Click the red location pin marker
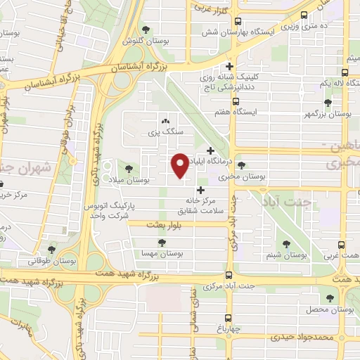tap(180, 165)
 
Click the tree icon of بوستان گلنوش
tap(145, 30)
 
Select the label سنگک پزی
tap(163, 132)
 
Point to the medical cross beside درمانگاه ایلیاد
tap(210, 150)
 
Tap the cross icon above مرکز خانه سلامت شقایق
tap(201, 190)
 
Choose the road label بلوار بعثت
tap(163, 225)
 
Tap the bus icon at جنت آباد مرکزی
tap(229, 276)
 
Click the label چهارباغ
tap(229, 328)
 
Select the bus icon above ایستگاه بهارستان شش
tap(238, 21)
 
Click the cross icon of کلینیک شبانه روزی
tap(229, 66)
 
